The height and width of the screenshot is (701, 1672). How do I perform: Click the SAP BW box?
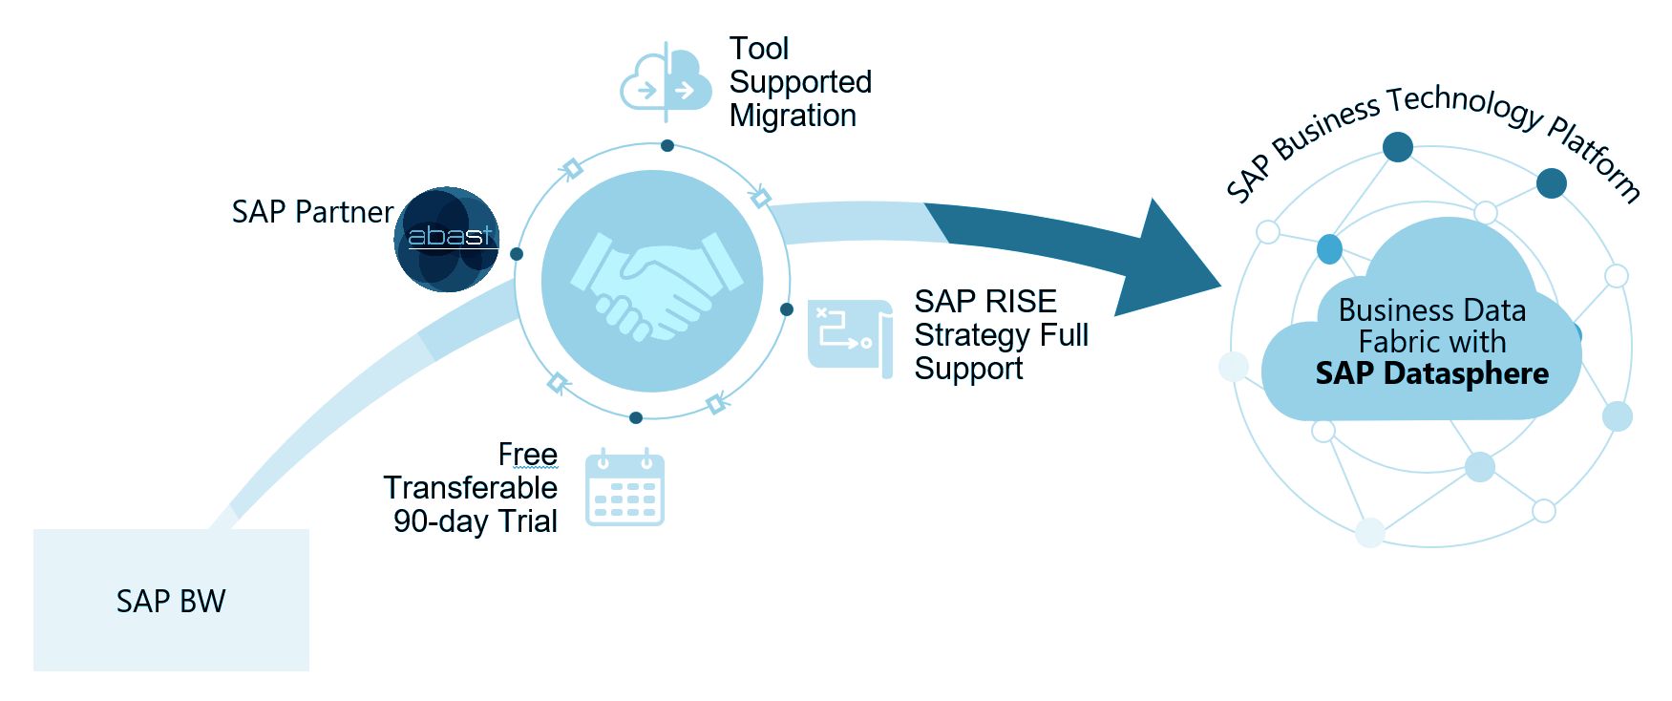[x=171, y=600]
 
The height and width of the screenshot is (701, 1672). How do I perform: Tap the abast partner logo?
[x=447, y=239]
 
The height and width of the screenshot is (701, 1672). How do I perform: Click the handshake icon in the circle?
[x=652, y=281]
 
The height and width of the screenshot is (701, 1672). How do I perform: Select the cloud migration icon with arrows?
[x=666, y=84]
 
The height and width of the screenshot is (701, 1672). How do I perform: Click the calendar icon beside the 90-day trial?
[x=624, y=488]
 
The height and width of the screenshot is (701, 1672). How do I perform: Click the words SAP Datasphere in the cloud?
[x=1431, y=373]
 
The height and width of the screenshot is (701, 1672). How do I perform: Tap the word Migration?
[x=793, y=116]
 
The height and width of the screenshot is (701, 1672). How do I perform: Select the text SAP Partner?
[x=312, y=212]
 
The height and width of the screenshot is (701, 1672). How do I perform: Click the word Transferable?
[x=470, y=488]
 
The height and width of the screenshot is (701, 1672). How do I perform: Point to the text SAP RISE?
[x=984, y=302]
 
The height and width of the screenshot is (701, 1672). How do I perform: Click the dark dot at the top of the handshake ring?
[x=667, y=146]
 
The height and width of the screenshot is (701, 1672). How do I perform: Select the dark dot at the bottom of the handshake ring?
[x=636, y=417]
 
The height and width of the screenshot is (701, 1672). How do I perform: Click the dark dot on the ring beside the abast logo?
[x=517, y=254]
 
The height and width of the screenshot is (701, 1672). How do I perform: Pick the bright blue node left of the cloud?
[x=1329, y=249]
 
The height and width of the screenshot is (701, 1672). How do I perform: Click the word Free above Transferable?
[x=527, y=455]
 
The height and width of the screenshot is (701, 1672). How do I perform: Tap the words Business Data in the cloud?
[x=1431, y=310]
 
